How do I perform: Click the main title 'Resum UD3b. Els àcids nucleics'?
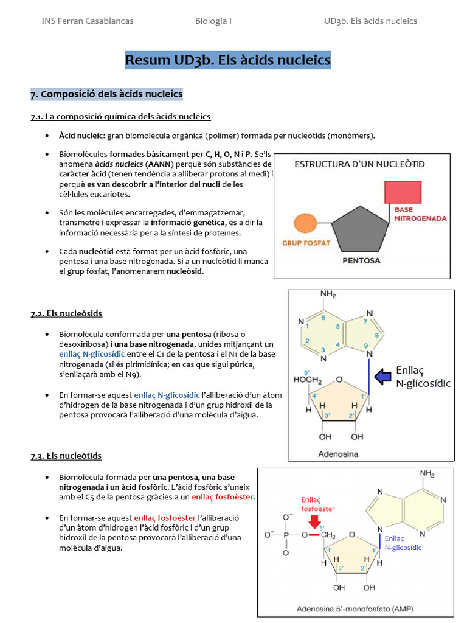point(228,60)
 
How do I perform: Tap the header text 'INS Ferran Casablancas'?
point(88,21)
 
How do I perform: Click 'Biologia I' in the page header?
point(213,21)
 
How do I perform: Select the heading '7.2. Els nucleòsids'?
point(66,313)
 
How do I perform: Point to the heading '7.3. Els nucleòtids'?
point(66,456)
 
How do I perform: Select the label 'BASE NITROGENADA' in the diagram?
point(420,214)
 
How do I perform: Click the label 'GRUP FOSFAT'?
point(306,243)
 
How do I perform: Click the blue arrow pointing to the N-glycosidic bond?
point(382,377)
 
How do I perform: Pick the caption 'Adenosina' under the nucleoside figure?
point(338,454)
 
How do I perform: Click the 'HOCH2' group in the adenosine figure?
point(307,380)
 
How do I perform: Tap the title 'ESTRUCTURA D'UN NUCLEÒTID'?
point(360,164)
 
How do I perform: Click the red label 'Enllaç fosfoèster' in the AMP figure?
point(317,504)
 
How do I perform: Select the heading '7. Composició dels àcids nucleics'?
point(106,94)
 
